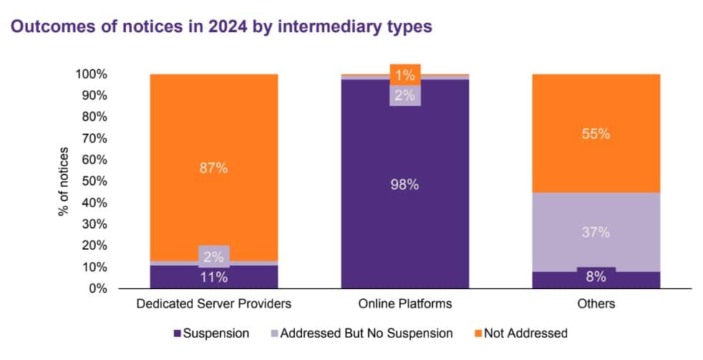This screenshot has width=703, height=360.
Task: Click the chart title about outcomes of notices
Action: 220,28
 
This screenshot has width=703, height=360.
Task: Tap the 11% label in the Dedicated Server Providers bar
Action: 214,277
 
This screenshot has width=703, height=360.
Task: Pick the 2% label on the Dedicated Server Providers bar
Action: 214,256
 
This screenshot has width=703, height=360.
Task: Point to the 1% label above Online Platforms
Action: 405,74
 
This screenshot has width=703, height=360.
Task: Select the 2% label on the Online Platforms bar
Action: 405,95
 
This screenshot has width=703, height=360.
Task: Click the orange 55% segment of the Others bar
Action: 596,133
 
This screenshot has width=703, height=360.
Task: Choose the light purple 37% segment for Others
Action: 596,232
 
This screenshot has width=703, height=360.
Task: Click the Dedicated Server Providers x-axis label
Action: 214,303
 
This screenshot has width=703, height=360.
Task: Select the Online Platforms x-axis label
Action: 405,303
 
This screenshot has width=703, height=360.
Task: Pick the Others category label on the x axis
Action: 596,303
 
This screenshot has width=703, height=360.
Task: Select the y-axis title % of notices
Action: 64,181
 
